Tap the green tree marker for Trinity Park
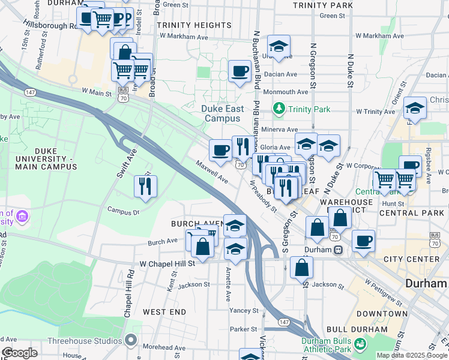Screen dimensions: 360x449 279,109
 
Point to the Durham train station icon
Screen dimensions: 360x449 339,250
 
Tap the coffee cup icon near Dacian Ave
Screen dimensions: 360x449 240,72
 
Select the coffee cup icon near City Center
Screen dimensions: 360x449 363,241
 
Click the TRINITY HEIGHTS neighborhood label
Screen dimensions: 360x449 185,25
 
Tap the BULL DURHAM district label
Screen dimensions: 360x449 358,329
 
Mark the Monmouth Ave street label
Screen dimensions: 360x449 286,92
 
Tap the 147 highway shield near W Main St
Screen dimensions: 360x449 29,92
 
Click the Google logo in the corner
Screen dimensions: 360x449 19,353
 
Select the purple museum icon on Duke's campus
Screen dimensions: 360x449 22,215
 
